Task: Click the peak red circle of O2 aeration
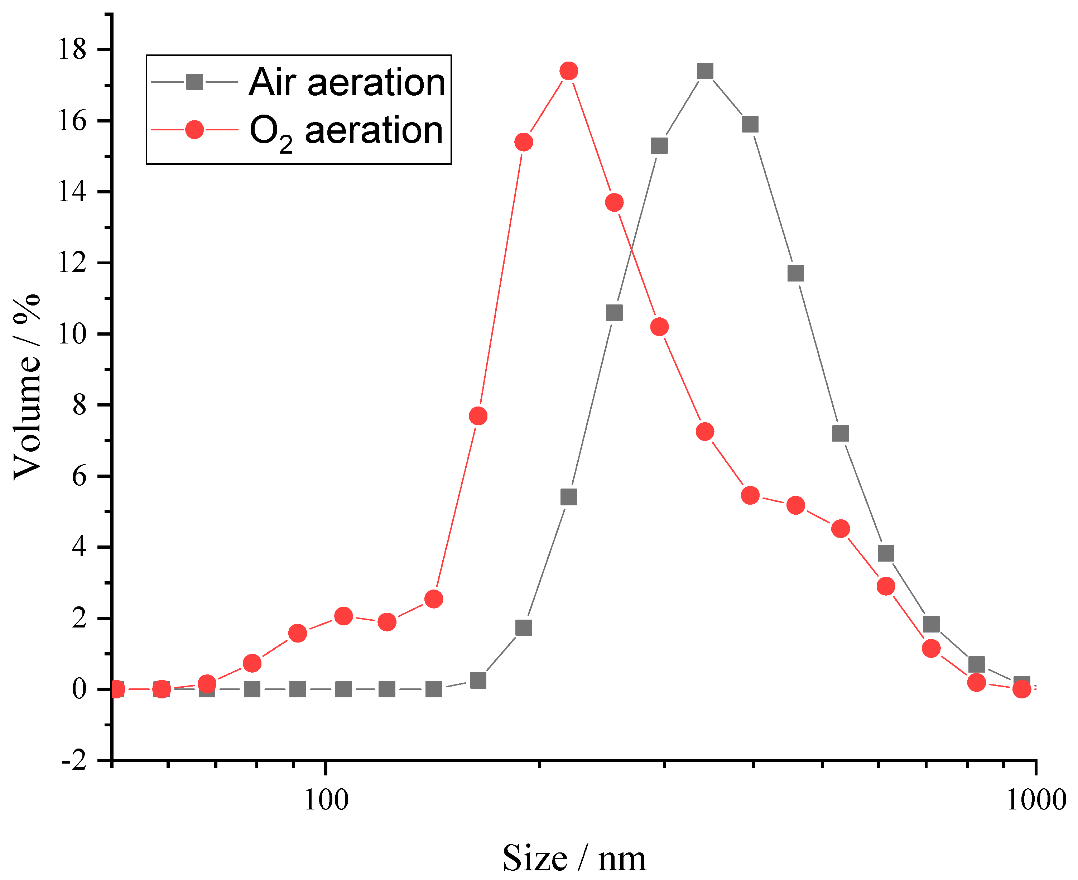[569, 71]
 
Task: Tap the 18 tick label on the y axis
[72, 50]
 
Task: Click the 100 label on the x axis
[326, 800]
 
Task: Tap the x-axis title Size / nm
[574, 859]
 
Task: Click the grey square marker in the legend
[194, 82]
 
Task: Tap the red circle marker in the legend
[194, 130]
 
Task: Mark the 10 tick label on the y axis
[72, 334]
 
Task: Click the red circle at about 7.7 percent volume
[478, 416]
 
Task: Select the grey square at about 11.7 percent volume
[796, 274]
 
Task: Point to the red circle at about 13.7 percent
[614, 203]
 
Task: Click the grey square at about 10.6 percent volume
[614, 313]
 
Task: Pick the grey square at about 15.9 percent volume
[750, 124]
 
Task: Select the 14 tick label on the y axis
[72, 192]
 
